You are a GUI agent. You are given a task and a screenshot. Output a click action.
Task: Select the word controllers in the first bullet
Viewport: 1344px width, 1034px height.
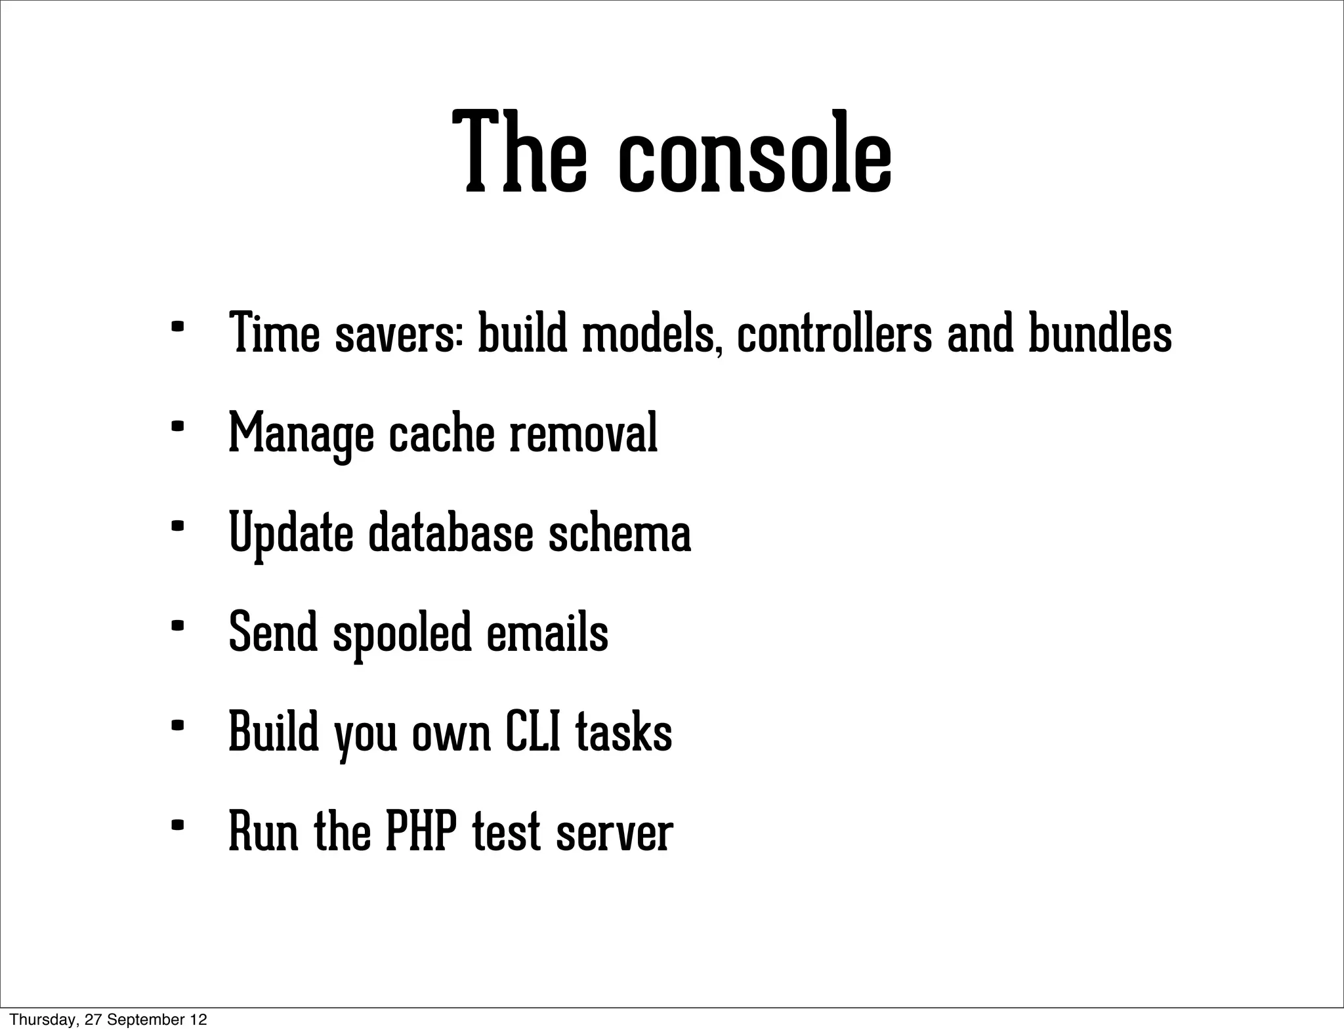click(834, 334)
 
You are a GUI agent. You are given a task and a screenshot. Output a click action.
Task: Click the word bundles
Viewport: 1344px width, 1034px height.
click(1099, 334)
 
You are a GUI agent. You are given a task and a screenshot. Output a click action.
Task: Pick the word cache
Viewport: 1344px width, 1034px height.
click(441, 434)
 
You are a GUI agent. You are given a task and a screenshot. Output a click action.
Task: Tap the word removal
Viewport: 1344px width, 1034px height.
click(583, 434)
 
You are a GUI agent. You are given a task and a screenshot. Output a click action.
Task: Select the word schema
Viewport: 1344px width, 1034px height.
click(619, 533)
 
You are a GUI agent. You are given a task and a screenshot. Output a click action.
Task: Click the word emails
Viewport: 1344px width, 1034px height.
click(547, 632)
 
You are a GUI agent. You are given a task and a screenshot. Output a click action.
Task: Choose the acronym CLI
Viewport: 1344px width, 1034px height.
click(533, 732)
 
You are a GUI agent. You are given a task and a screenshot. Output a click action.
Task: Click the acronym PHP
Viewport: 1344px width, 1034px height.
click(420, 832)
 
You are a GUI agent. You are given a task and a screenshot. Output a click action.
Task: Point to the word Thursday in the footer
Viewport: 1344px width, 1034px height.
click(36, 1020)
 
